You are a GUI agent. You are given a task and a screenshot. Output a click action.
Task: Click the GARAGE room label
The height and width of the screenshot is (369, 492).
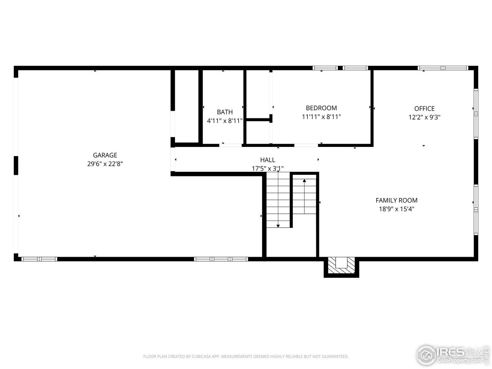pyautogui.click(x=105, y=155)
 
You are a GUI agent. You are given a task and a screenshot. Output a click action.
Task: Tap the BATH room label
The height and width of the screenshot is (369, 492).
pyautogui.click(x=224, y=112)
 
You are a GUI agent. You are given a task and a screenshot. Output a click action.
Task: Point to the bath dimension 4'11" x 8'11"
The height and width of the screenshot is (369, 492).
pyautogui.click(x=224, y=121)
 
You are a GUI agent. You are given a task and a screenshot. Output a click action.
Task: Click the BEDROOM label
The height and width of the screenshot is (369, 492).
pyautogui.click(x=321, y=108)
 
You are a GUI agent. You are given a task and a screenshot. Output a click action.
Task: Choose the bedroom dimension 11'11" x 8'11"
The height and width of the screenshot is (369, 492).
pyautogui.click(x=321, y=116)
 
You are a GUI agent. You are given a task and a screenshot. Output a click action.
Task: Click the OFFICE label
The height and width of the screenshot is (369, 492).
pyautogui.click(x=424, y=109)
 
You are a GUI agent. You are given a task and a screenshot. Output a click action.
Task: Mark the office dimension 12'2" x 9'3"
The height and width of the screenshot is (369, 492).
pyautogui.click(x=424, y=117)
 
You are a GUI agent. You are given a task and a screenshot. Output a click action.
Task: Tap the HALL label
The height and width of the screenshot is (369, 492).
pyautogui.click(x=268, y=160)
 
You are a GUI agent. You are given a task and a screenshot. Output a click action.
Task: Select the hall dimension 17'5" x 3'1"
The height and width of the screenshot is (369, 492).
pyautogui.click(x=268, y=168)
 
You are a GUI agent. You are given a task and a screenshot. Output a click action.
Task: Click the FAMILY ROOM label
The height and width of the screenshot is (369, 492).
pyautogui.click(x=396, y=200)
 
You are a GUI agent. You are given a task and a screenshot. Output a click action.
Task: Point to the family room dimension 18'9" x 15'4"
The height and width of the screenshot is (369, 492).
pyautogui.click(x=396, y=209)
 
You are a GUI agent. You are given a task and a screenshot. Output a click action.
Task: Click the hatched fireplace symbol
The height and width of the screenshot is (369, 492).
pyautogui.click(x=341, y=266)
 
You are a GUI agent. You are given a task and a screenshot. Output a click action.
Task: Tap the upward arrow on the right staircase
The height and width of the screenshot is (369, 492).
pyautogui.click(x=304, y=180)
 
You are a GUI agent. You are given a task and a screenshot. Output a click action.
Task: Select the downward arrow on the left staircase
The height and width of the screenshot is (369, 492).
pyautogui.click(x=278, y=225)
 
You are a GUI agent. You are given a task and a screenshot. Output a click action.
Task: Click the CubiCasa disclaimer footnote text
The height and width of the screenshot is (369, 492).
pyautogui.click(x=246, y=357)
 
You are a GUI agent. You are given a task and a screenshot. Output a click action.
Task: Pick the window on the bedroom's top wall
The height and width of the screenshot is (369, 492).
pyautogui.click(x=340, y=68)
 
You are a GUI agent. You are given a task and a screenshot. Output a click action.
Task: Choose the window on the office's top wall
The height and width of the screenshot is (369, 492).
pyautogui.click(x=443, y=68)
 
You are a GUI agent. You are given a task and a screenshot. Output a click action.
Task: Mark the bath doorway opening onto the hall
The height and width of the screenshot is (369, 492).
pyautogui.click(x=231, y=145)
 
